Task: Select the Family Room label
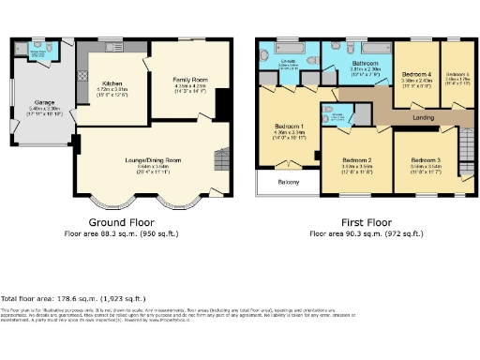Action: tap(190, 81)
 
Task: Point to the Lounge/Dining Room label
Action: tap(147, 160)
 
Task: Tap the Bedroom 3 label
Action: tap(426, 160)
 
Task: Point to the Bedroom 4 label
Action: tap(416, 74)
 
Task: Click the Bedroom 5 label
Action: tap(458, 74)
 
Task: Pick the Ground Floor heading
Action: tap(120, 222)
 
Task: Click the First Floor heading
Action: tap(362, 222)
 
